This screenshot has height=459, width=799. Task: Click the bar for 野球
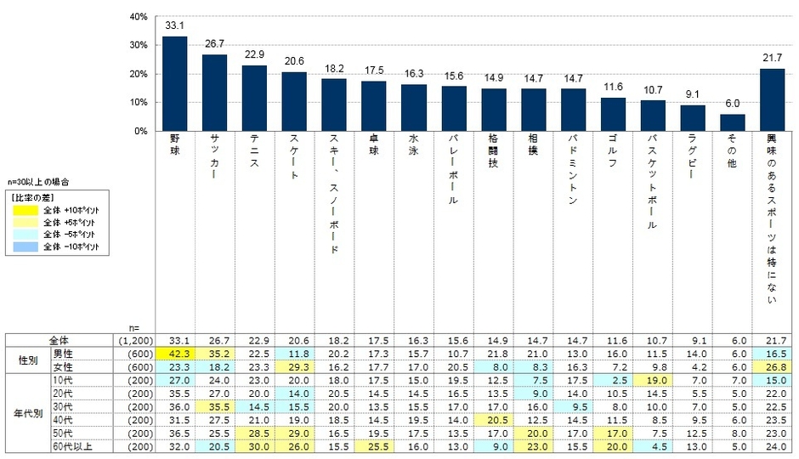pos(175,84)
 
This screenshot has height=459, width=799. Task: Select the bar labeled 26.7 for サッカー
pos(214,93)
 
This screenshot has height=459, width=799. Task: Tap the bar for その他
pos(734,123)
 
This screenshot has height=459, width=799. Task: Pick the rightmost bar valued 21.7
pos(772,100)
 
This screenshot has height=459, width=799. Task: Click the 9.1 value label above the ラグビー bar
pos(693,94)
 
